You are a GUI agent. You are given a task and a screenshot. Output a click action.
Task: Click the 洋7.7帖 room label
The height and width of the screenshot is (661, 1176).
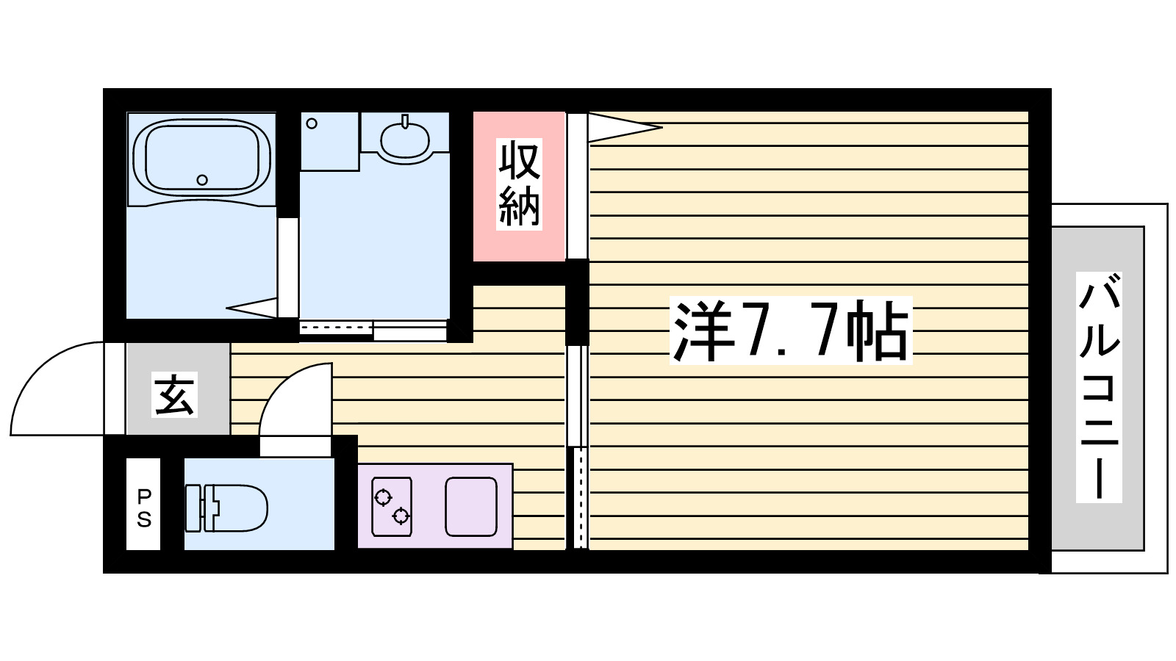pos(791,330)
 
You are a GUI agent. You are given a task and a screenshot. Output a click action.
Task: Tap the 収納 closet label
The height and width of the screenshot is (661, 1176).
pos(519,184)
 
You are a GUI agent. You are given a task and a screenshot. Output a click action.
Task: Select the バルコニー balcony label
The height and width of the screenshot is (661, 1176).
pos(1099,387)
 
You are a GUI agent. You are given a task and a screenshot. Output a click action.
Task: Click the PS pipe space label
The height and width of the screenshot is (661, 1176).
pos(144,509)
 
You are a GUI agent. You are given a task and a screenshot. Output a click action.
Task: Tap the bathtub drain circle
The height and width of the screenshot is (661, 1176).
pos(202,180)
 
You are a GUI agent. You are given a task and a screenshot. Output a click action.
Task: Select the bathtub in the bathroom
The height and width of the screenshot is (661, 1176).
pos(201,157)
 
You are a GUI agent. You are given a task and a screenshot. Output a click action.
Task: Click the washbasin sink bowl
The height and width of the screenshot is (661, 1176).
pos(404,140)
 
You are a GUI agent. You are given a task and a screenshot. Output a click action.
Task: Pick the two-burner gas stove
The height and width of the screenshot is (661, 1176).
pos(391,507)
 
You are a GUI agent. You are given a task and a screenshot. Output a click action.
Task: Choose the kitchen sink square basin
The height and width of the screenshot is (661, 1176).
pos(471,507)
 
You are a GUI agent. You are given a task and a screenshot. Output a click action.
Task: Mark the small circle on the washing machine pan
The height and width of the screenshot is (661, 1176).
pos(312,123)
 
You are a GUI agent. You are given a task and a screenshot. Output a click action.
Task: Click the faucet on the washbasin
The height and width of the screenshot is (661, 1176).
pos(404,120)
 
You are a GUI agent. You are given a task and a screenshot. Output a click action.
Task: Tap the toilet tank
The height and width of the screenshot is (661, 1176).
pos(193,508)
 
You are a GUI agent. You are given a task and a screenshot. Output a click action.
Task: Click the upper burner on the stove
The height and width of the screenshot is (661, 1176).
pos(383,498)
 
